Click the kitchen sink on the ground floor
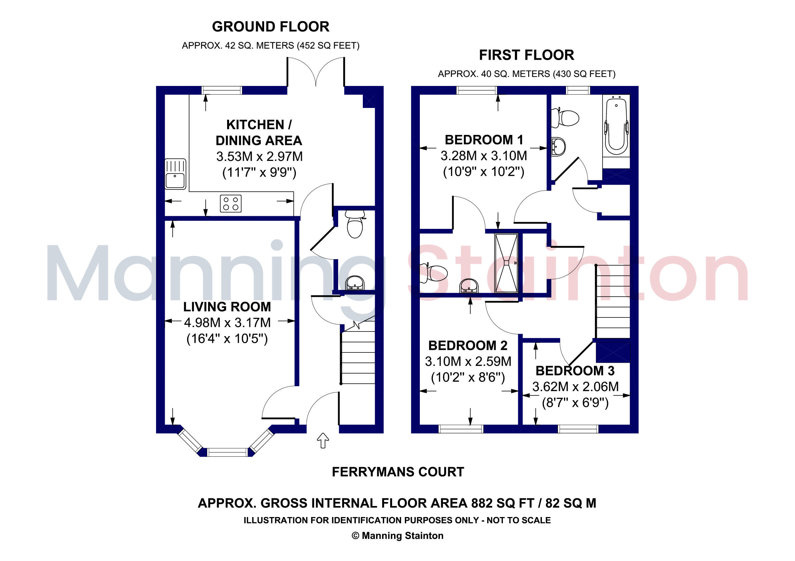pyautogui.click(x=175, y=174)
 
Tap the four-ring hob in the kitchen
pyautogui.click(x=231, y=203)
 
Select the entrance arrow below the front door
pyautogui.click(x=323, y=440)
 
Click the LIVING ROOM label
pyautogui.click(x=227, y=307)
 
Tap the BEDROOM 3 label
pyautogui.click(x=575, y=371)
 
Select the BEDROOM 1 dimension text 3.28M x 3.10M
pyautogui.click(x=484, y=156)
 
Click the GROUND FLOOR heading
pyautogui.click(x=270, y=27)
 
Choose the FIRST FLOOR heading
pyautogui.click(x=526, y=55)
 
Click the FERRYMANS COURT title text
pyautogui.click(x=398, y=472)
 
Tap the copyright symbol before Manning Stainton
pyautogui.click(x=355, y=536)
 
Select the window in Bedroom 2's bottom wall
pyautogui.click(x=461, y=429)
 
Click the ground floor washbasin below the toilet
pyautogui.click(x=355, y=283)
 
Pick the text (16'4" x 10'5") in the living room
pyautogui.click(x=227, y=338)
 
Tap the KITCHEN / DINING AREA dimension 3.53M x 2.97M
pyautogui.click(x=259, y=157)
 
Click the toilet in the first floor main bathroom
pyautogui.click(x=565, y=118)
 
